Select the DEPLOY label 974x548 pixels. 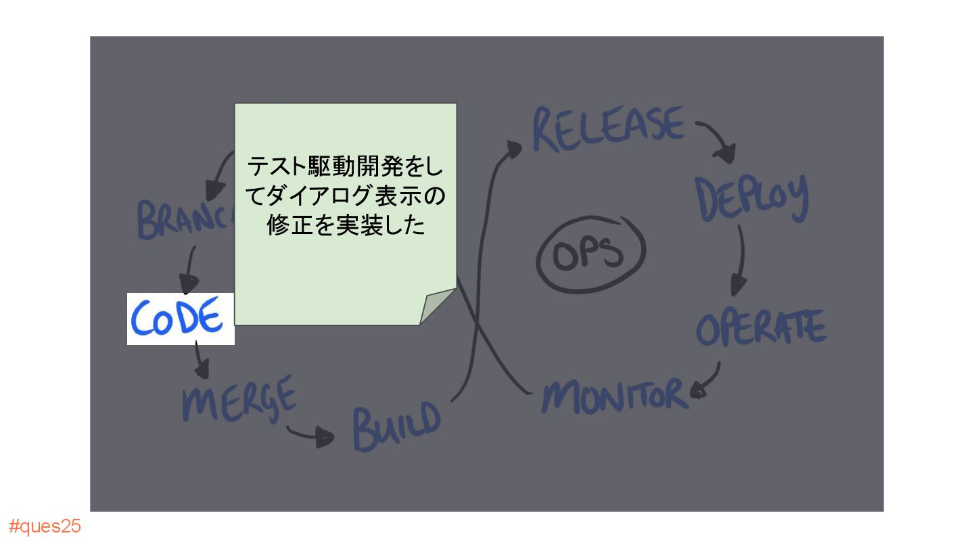tap(751, 198)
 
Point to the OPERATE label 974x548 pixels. tap(760, 327)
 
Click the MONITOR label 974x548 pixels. tap(613, 395)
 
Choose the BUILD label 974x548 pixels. tap(396, 427)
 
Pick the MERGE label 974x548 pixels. tap(239, 397)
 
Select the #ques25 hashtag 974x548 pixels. tap(45, 526)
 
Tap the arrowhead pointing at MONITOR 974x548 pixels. tap(699, 389)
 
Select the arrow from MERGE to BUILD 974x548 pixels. tap(310, 435)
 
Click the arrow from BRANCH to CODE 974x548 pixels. tap(189, 267)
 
